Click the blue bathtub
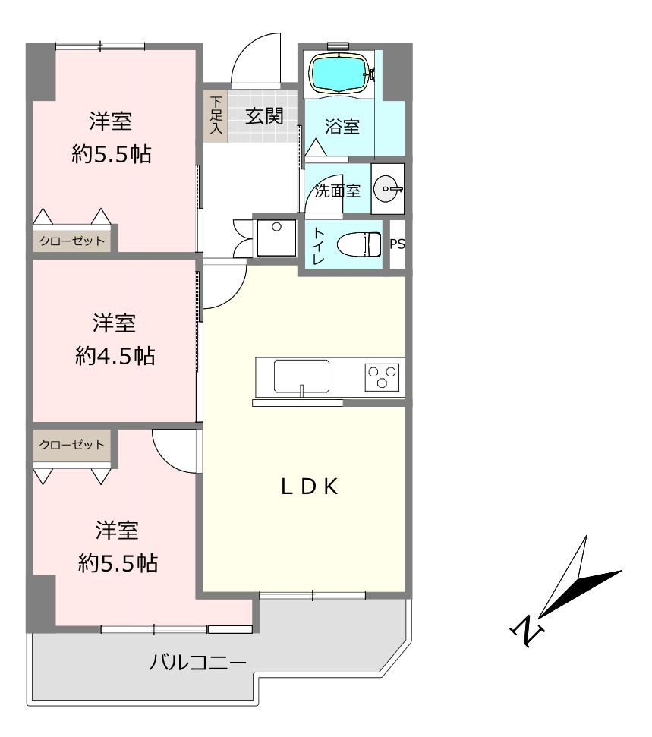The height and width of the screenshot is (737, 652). tap(339, 73)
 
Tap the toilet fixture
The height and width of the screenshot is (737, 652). tap(359, 244)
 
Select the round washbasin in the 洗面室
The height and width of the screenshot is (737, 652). tap(388, 189)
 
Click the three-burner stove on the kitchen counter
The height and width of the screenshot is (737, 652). tap(382, 377)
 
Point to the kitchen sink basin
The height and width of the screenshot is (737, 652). tap(301, 376)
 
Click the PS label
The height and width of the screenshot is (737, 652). tap(397, 244)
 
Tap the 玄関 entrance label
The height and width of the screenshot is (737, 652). tap(265, 115)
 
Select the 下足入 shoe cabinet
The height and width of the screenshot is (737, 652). tap(216, 115)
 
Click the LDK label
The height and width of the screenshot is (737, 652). tap(310, 487)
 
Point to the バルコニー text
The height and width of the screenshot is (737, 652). tap(198, 663)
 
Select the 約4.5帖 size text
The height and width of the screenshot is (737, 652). tap(115, 356)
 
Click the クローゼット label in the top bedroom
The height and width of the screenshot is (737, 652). tap(72, 241)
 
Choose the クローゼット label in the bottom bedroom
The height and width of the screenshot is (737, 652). tap(72, 445)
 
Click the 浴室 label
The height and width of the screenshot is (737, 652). tap(342, 127)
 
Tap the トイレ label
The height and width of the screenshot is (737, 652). tap(318, 245)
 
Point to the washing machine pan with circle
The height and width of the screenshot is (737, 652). tap(276, 238)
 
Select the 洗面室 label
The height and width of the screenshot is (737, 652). tap(338, 191)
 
